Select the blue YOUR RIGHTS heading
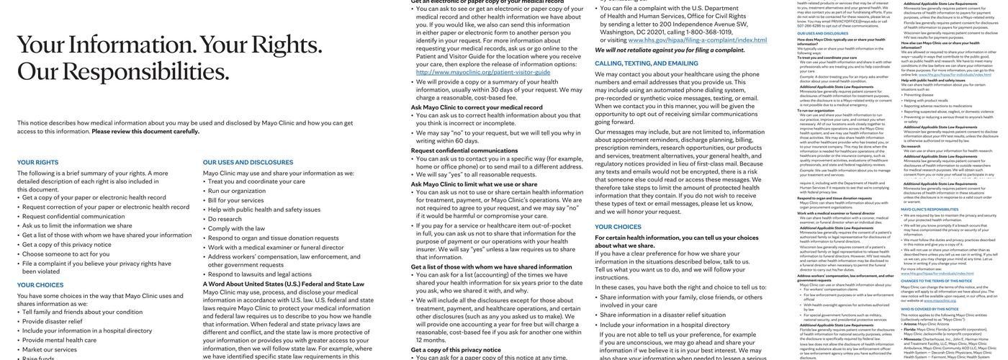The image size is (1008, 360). click(x=37, y=162)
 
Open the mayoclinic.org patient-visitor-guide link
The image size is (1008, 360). click(x=483, y=72)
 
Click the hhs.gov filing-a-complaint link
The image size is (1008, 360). click(x=697, y=40)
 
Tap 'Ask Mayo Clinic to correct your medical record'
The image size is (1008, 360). click(x=477, y=107)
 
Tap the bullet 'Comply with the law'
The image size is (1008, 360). click(x=236, y=228)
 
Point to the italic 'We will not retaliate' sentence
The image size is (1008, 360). click(x=670, y=50)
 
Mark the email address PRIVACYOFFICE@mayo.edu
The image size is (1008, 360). click(x=833, y=21)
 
